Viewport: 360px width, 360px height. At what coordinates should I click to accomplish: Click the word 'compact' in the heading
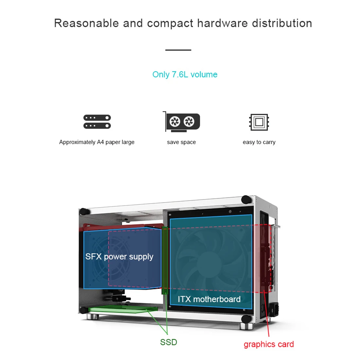[x=170, y=24]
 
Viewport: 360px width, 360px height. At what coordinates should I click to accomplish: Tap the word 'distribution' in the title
[x=282, y=23]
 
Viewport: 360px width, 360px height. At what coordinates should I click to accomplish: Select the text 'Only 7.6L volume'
[x=185, y=74]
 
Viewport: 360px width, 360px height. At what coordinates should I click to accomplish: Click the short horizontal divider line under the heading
[x=178, y=50]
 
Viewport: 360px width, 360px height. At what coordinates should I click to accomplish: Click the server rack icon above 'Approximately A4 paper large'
[x=97, y=122]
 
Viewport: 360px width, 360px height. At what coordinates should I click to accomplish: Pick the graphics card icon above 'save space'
[x=181, y=122]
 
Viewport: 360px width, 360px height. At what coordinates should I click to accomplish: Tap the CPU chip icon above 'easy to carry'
[x=259, y=122]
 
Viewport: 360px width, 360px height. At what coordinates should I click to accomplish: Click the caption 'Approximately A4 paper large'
[x=97, y=142]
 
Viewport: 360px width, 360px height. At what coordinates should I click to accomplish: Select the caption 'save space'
[x=181, y=142]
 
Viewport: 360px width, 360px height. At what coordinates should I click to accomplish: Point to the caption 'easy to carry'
[x=259, y=142]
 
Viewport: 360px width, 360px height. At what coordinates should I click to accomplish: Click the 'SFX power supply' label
[x=119, y=257]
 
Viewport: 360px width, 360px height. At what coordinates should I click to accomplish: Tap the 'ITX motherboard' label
[x=209, y=299]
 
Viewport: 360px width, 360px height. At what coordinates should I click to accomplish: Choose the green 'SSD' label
[x=169, y=342]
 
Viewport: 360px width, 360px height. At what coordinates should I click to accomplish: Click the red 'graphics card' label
[x=269, y=344]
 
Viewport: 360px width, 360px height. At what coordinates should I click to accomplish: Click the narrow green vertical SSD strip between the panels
[x=165, y=261]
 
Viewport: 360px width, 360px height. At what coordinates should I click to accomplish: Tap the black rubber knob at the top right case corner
[x=246, y=199]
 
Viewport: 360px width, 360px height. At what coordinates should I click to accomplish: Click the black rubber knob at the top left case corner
[x=84, y=211]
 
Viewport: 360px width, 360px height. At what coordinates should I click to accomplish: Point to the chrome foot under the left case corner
[x=93, y=317]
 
